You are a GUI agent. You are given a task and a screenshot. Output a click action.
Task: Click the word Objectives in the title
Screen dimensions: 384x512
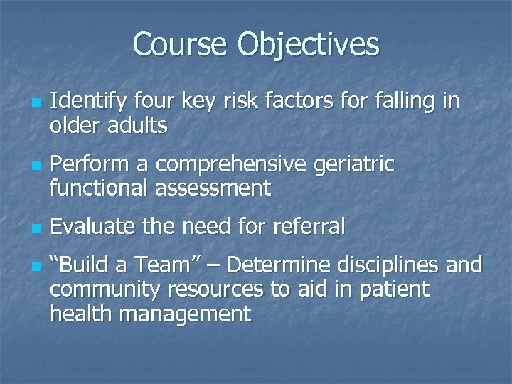[309, 46]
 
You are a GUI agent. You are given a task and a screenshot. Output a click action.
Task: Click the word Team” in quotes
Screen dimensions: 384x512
[166, 266]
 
